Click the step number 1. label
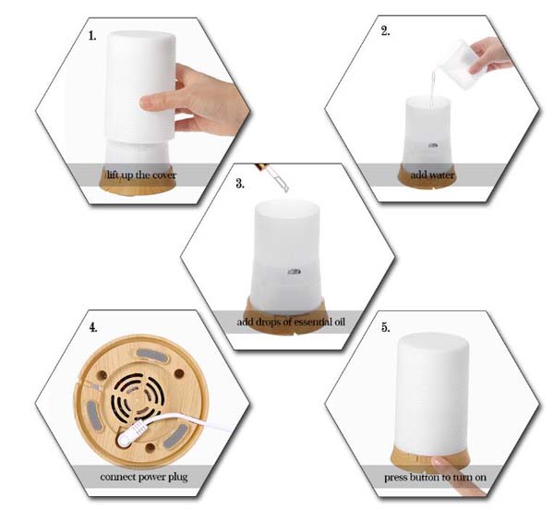(92, 36)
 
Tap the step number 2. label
(385, 31)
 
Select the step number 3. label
(240, 184)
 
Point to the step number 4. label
(93, 327)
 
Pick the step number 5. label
(386, 328)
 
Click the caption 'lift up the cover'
(141, 175)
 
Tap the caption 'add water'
(432, 175)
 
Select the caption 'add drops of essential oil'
(291, 322)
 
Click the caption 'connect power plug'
(144, 477)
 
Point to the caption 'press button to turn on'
(435, 477)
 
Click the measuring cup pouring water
(456, 65)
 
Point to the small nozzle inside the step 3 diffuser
(294, 272)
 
